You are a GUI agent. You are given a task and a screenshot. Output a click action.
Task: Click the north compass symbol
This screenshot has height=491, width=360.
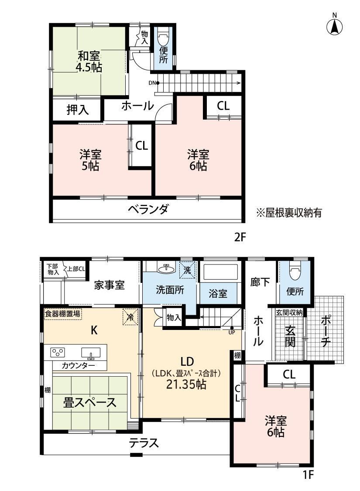point(334,25)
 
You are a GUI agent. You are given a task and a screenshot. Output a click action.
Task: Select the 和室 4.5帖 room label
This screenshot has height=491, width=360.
point(89,62)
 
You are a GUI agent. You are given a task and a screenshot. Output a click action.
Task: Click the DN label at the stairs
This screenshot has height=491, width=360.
point(152,83)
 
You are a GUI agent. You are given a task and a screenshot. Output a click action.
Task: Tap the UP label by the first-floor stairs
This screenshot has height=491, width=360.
point(232,332)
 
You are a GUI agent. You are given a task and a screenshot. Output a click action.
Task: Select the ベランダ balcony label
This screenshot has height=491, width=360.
point(148,209)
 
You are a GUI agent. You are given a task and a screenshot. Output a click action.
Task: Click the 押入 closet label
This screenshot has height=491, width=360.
point(77,110)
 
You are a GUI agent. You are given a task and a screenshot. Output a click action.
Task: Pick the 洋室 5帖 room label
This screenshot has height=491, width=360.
point(90,160)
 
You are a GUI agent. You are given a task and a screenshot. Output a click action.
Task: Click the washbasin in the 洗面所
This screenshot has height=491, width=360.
point(167,269)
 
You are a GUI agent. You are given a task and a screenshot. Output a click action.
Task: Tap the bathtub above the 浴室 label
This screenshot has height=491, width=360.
point(219,272)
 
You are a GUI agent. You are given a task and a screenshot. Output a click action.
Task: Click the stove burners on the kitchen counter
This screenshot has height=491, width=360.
point(58,353)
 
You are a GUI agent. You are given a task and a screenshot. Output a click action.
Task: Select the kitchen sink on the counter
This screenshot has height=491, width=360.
point(91,353)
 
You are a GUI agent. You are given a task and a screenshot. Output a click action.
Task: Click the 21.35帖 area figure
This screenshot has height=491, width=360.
point(186,385)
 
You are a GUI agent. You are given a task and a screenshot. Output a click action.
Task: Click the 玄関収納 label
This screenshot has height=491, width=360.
point(290,312)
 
